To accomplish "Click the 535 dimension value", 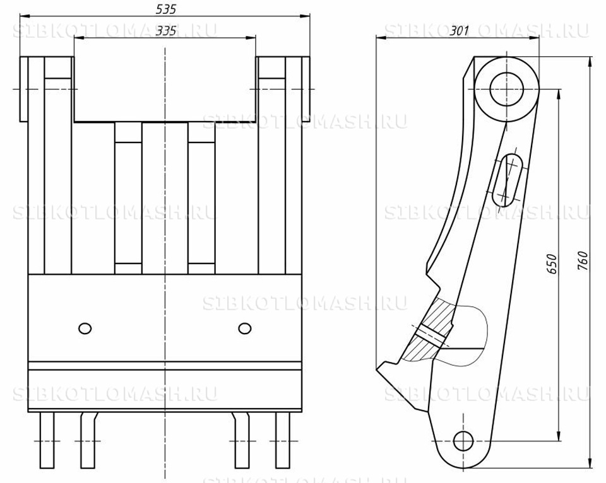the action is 165,9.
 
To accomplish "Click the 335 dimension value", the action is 165,30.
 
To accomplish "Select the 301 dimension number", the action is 459,30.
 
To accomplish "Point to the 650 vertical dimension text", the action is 552,264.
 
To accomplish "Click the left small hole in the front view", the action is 85,329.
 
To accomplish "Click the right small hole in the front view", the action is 245,329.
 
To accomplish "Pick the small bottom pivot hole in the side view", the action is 463,441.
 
